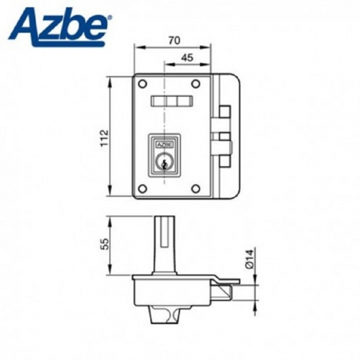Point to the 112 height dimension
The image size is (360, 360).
[104, 139]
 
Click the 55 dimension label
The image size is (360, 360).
[104, 244]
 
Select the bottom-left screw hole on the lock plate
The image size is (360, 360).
[142, 188]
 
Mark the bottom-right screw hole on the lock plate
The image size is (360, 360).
[197, 188]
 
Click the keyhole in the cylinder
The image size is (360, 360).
[164, 162]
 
